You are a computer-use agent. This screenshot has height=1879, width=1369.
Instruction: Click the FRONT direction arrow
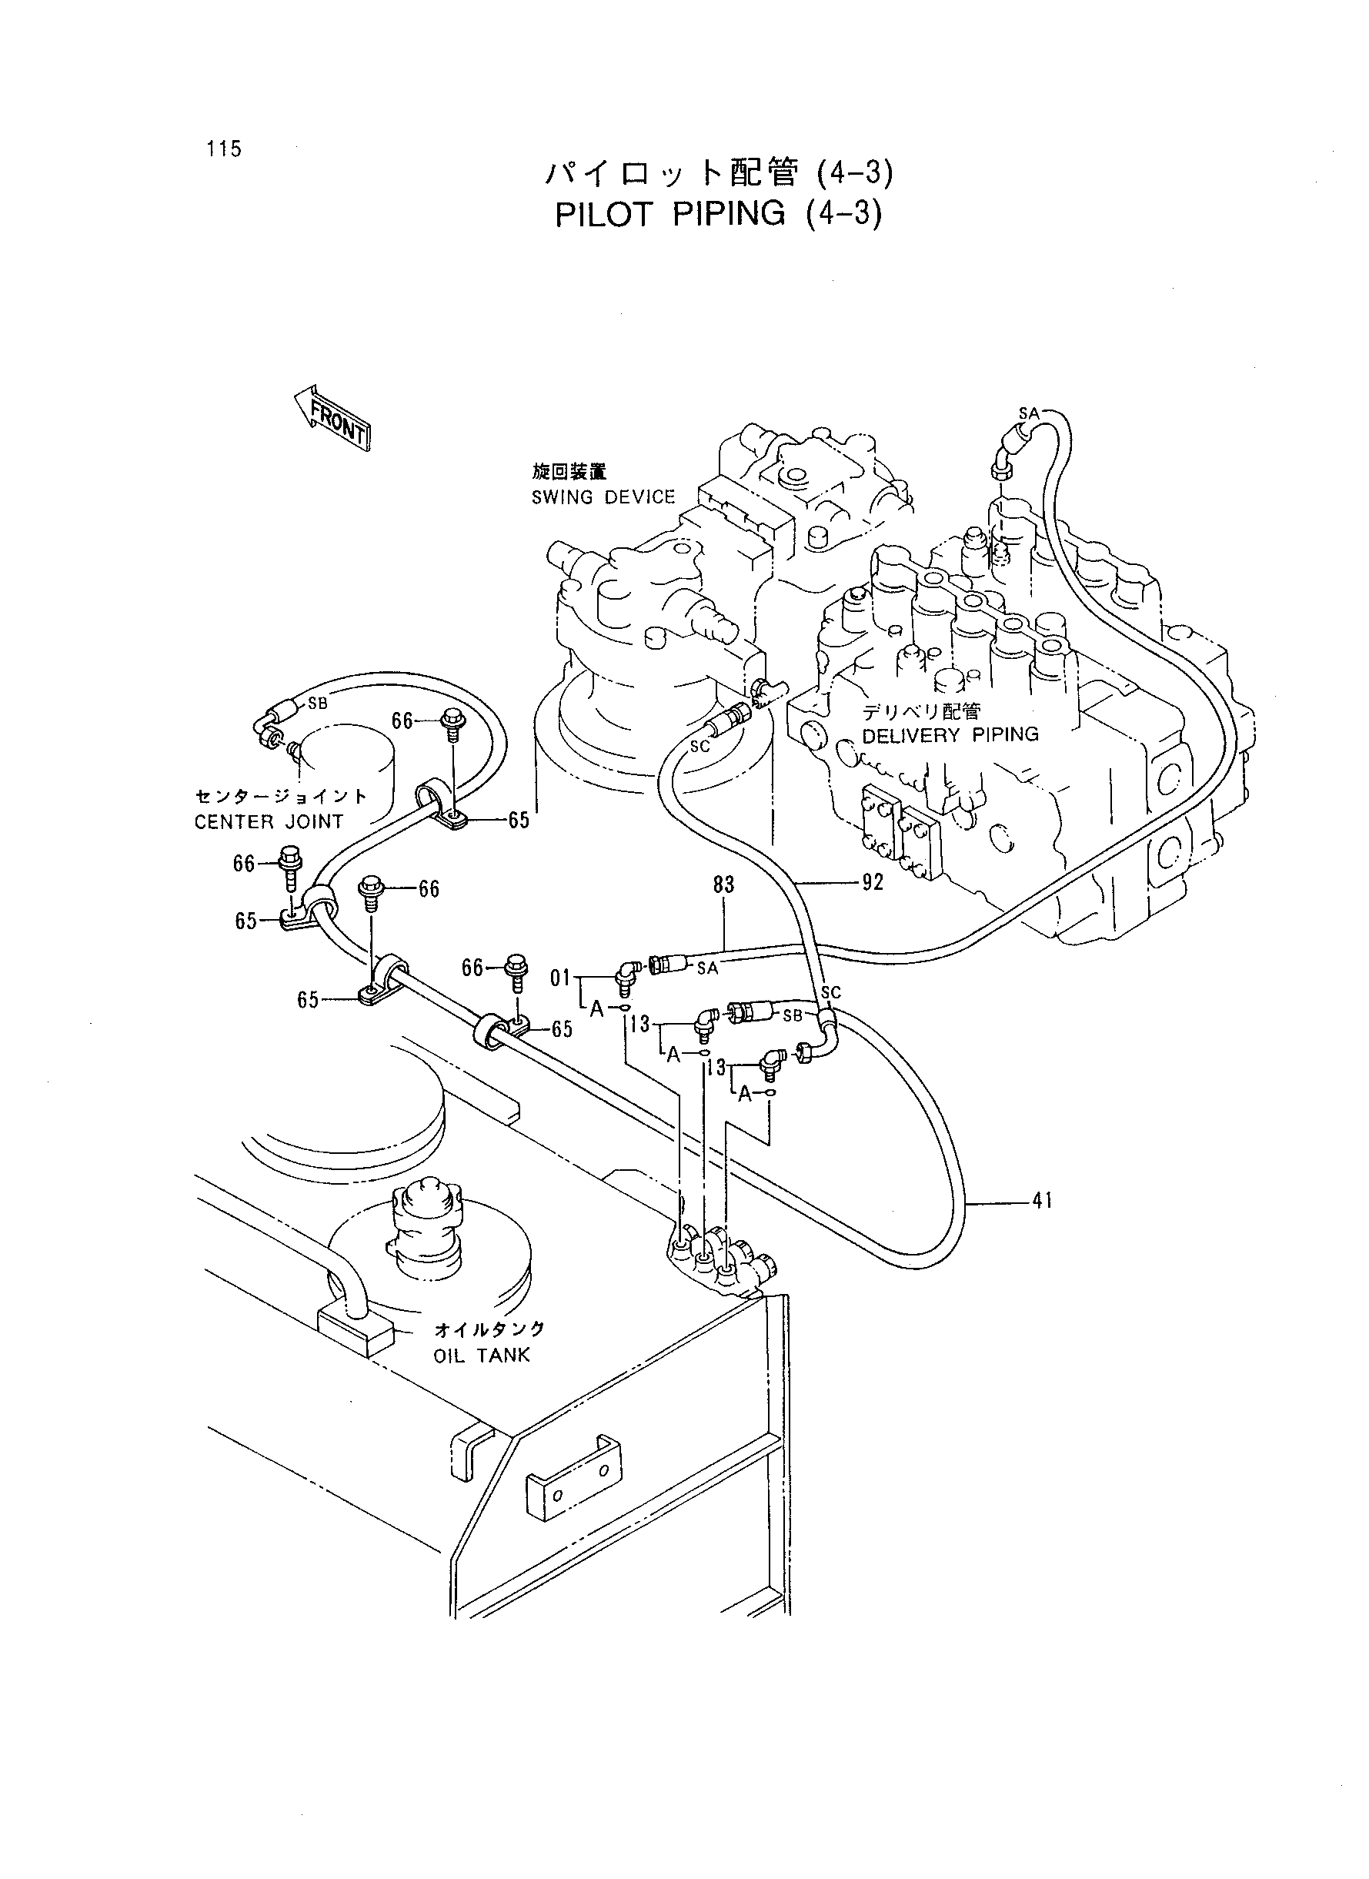pos(332,419)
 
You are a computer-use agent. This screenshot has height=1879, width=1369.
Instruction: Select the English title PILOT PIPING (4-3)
pos(719,215)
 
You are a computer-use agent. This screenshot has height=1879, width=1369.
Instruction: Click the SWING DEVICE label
pos(603,497)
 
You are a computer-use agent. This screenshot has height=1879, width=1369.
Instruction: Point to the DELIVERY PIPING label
pos(950,734)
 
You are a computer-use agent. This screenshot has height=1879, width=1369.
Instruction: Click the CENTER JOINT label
pos(269,821)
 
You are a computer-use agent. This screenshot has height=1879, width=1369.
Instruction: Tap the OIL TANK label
pos(481,1356)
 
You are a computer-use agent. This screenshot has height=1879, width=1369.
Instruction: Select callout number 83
pos(723,885)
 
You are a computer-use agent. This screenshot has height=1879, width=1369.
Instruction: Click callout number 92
pos(873,883)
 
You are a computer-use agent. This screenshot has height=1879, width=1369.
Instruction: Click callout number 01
pos(561,979)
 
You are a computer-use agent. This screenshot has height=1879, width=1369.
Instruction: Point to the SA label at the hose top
pos(1028,413)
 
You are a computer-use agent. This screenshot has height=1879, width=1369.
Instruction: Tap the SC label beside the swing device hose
pos(700,746)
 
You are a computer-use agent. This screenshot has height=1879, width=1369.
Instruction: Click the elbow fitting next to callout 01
pos(626,975)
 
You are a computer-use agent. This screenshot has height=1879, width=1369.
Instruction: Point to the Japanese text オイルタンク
pos(489,1329)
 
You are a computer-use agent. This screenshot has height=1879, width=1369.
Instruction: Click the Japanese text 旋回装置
pos(569,472)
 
